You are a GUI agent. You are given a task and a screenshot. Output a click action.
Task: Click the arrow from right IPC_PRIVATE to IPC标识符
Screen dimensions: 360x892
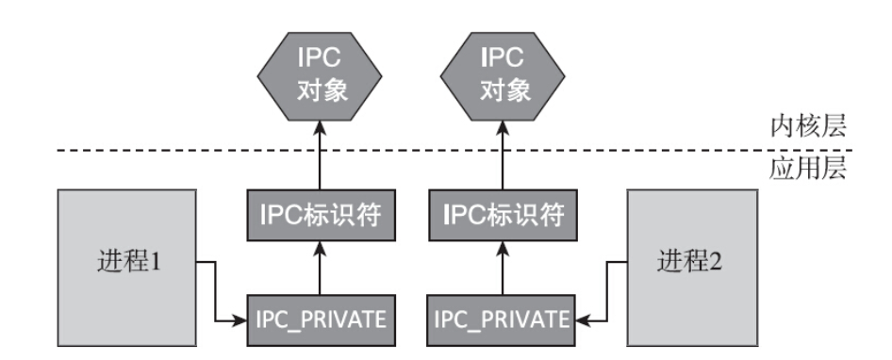[504, 269]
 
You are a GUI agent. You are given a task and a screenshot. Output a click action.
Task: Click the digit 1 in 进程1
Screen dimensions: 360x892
[159, 261]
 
